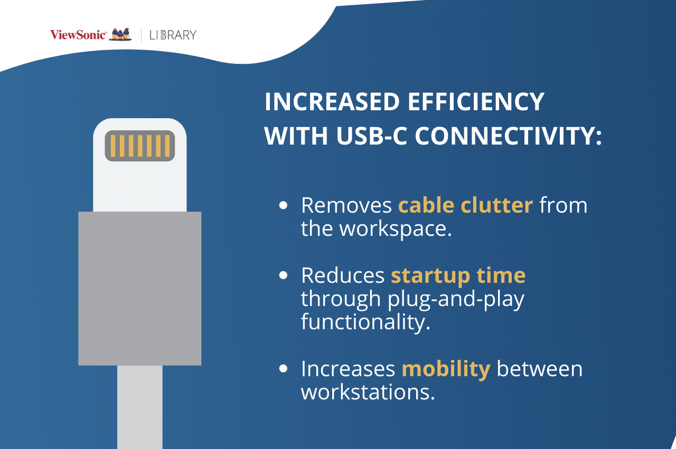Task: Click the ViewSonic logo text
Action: point(78,35)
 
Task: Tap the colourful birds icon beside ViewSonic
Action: point(120,34)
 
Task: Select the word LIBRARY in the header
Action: point(173,35)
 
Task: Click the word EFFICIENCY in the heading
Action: point(476,102)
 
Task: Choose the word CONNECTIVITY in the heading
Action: point(509,136)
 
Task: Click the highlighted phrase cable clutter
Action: point(465,205)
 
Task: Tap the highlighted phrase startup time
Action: point(458,276)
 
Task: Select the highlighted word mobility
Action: point(446,369)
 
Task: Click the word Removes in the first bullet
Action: point(346,205)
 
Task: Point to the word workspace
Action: point(396,229)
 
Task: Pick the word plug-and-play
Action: point(456,300)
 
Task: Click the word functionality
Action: point(365,322)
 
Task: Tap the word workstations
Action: point(368,393)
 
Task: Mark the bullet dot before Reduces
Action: point(284,275)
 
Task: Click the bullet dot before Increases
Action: point(284,368)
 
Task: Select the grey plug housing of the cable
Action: point(140,289)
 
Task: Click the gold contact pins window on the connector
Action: point(140,146)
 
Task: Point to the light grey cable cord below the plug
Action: point(140,407)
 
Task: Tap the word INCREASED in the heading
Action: point(332,102)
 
